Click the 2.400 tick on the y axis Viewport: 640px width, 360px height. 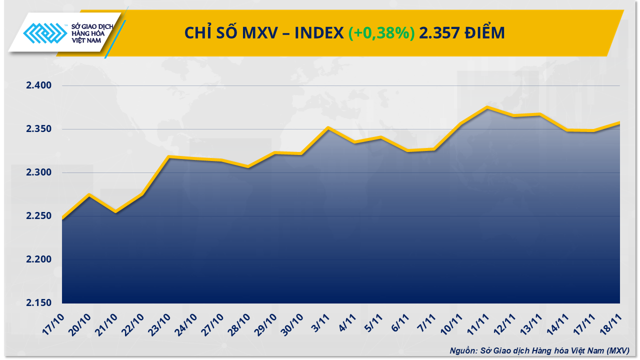click(x=39, y=86)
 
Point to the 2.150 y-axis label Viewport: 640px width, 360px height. click(x=39, y=303)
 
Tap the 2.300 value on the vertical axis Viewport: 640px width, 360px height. click(x=39, y=173)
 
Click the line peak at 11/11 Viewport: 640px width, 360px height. click(x=487, y=107)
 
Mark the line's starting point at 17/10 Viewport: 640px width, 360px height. click(x=62, y=218)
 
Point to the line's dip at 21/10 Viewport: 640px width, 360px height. click(x=115, y=212)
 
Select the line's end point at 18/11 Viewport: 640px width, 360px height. click(x=619, y=122)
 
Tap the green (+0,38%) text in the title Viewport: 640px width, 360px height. click(x=381, y=33)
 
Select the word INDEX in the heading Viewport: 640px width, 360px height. click(x=318, y=33)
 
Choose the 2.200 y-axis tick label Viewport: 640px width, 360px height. click(x=39, y=260)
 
